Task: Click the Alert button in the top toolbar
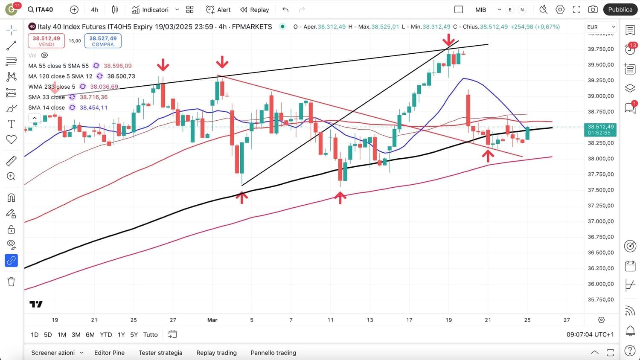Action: click(x=218, y=9)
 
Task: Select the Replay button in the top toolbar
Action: click(x=255, y=9)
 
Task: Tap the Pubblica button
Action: click(x=620, y=9)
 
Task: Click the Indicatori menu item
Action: click(x=150, y=9)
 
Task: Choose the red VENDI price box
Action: click(x=46, y=41)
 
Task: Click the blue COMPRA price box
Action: click(x=103, y=41)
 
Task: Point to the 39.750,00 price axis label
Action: click(x=601, y=49)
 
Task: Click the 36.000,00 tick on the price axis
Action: click(x=601, y=284)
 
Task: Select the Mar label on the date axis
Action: click(x=212, y=320)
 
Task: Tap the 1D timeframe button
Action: click(x=35, y=335)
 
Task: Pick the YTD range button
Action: click(x=106, y=335)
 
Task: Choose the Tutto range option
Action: click(x=150, y=335)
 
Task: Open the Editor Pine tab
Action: click(x=109, y=353)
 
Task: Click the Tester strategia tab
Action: click(x=160, y=353)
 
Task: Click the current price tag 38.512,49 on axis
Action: click(x=601, y=129)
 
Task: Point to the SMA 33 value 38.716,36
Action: click(x=94, y=97)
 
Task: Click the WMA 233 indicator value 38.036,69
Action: click(x=104, y=87)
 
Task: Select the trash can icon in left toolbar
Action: click(x=11, y=282)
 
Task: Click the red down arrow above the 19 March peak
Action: click(x=448, y=41)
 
